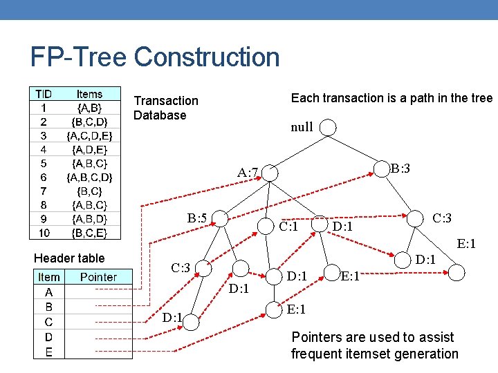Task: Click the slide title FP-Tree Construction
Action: click(x=155, y=57)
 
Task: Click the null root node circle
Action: click(x=329, y=128)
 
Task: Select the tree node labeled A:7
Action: click(x=247, y=173)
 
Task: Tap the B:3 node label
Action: click(x=400, y=168)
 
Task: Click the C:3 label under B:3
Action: click(x=441, y=218)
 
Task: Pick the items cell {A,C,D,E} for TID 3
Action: click(x=89, y=135)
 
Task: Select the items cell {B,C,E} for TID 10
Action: click(x=89, y=233)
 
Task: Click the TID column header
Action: click(x=44, y=94)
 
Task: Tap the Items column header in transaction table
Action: click(x=89, y=94)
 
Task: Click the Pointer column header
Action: click(x=98, y=277)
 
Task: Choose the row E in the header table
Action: click(x=48, y=352)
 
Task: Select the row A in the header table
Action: click(x=48, y=292)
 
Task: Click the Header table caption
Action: click(x=69, y=258)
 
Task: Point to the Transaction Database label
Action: click(x=165, y=108)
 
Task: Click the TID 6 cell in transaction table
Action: click(x=44, y=177)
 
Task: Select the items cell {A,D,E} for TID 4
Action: click(x=89, y=149)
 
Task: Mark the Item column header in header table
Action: click(x=48, y=277)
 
